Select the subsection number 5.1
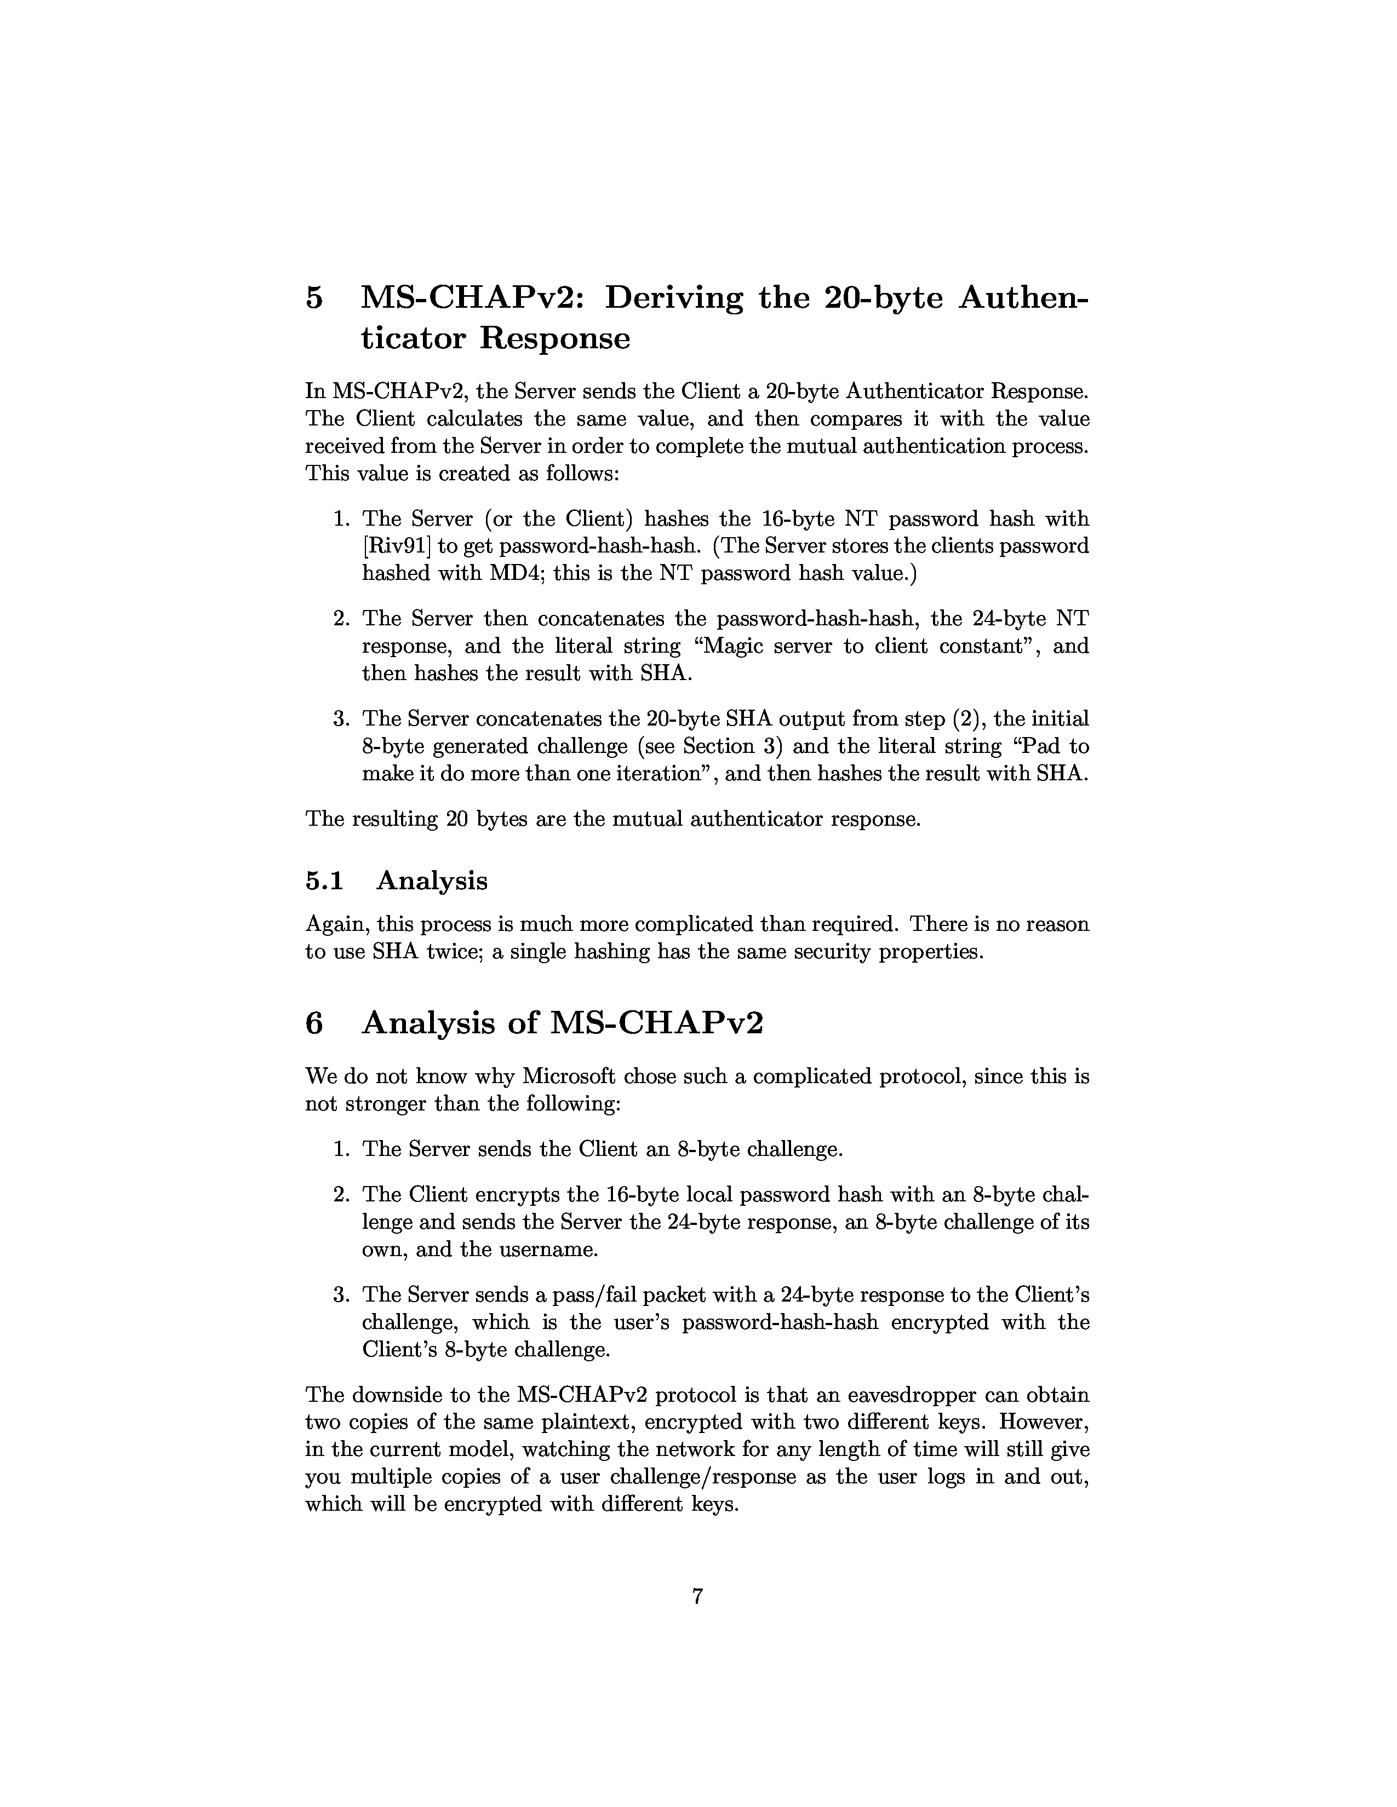click(x=324, y=881)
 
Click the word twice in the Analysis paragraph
click(x=454, y=952)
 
